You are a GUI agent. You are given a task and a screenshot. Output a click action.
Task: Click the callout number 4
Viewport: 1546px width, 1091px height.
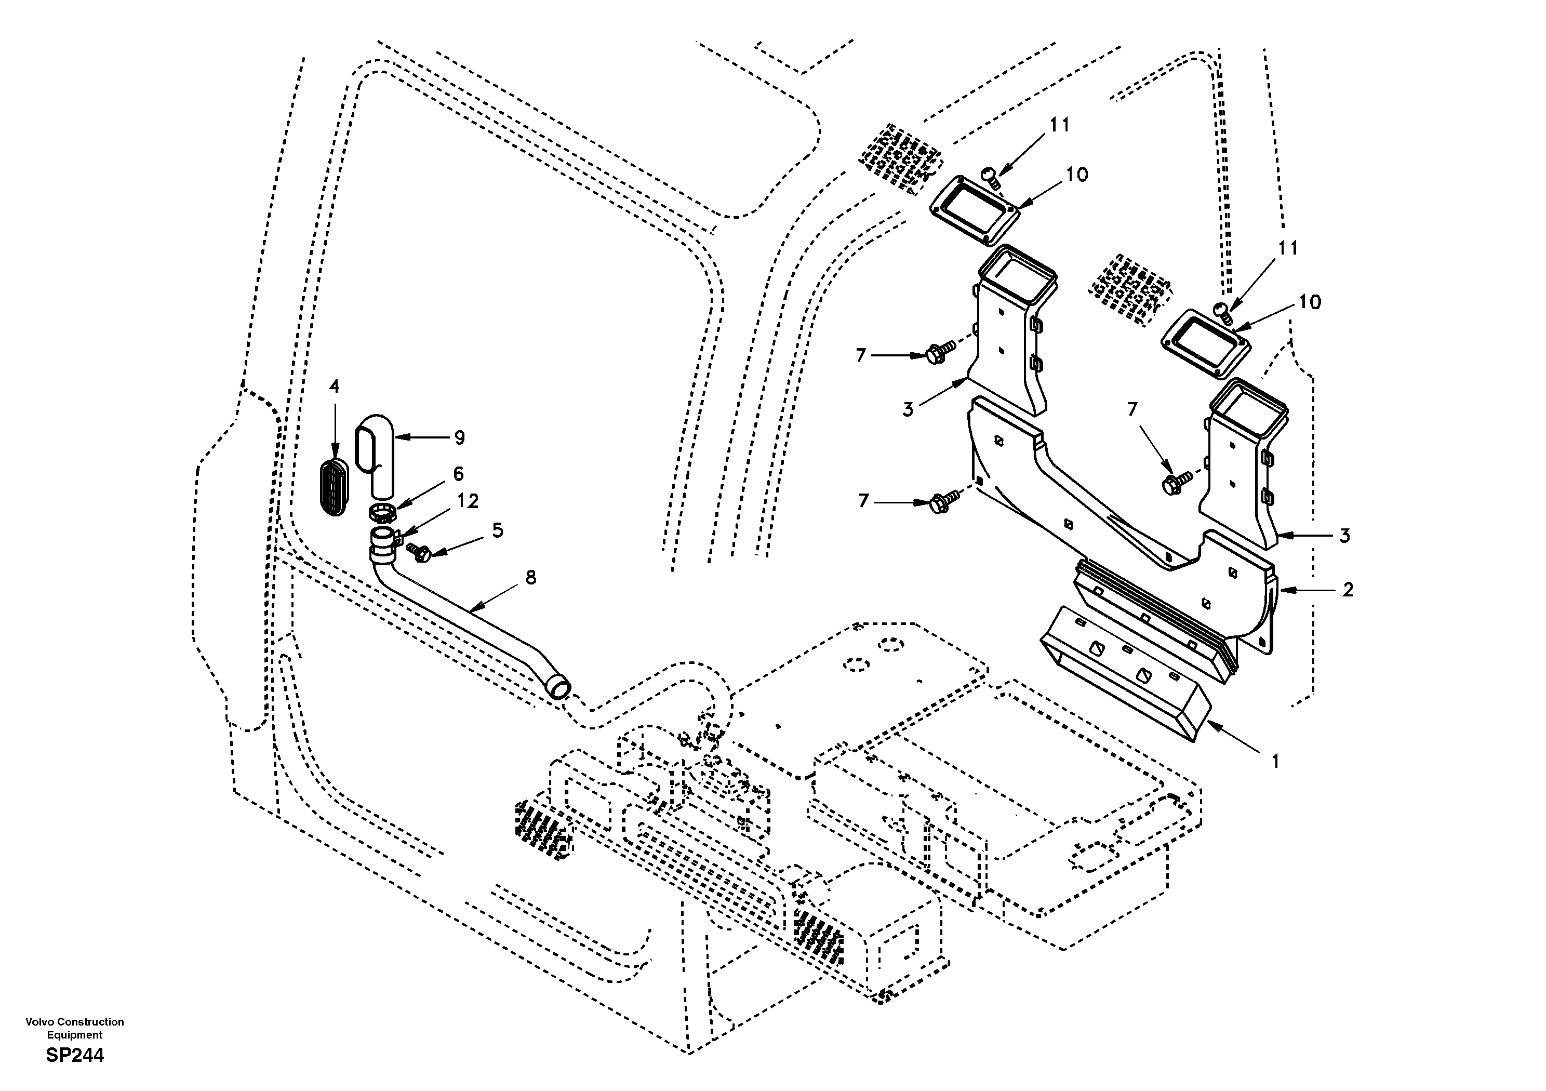click(x=334, y=387)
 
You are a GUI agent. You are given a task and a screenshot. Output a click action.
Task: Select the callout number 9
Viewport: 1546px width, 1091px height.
click(x=459, y=438)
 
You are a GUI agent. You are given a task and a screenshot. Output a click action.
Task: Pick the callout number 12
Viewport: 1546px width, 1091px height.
click(x=468, y=501)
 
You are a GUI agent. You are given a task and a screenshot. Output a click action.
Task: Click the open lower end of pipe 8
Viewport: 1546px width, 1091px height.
click(x=559, y=688)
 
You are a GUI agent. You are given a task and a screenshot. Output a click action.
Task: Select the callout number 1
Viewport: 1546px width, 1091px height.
click(x=1275, y=761)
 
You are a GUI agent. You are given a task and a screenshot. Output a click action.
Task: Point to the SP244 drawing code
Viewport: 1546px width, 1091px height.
click(x=75, y=1055)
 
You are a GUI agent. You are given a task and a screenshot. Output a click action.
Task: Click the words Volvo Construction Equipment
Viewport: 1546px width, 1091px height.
click(x=75, y=1028)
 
